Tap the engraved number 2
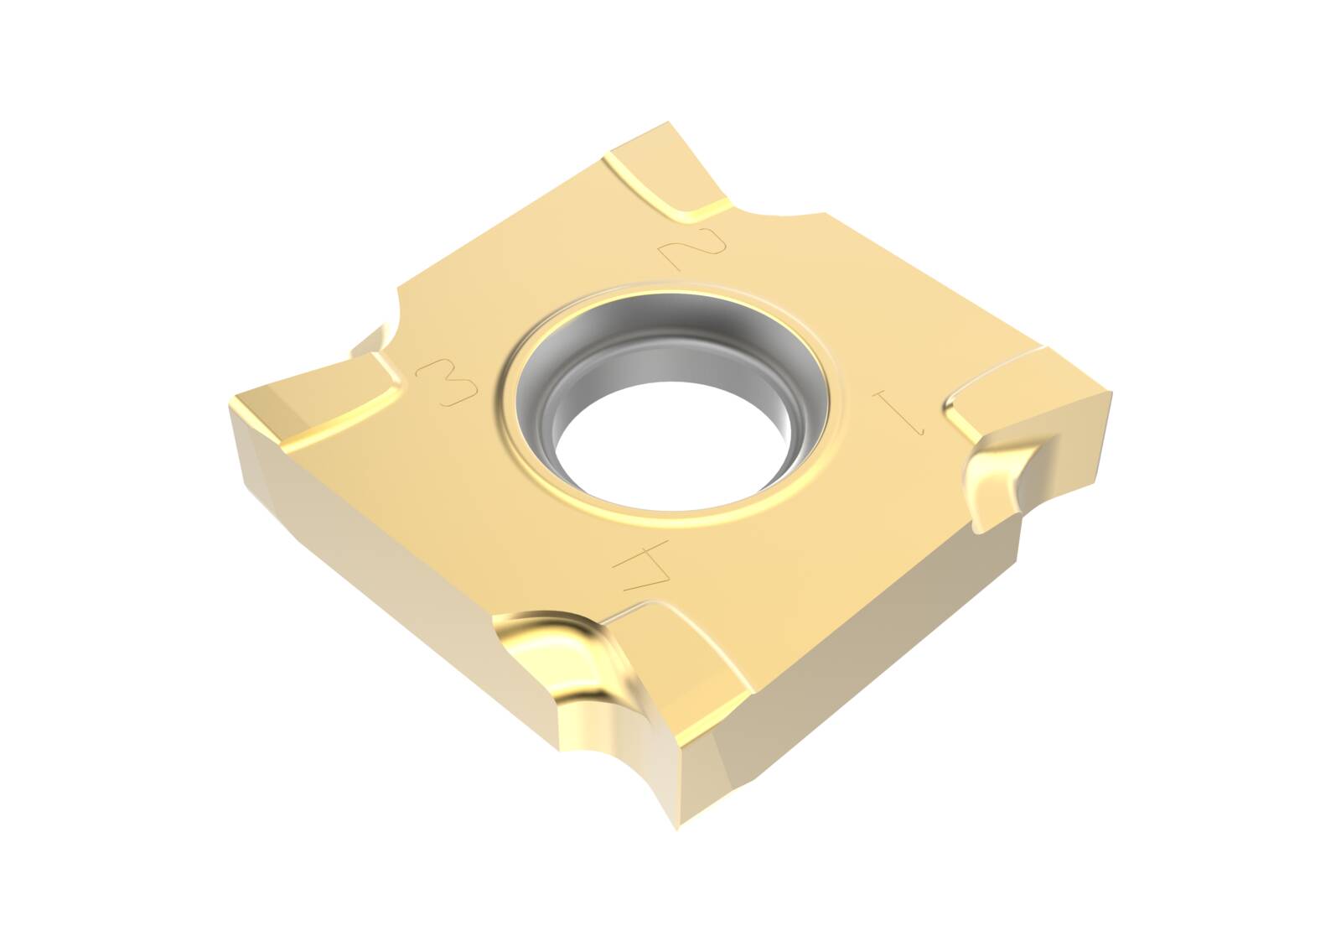click(695, 243)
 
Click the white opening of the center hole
click(662, 445)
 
